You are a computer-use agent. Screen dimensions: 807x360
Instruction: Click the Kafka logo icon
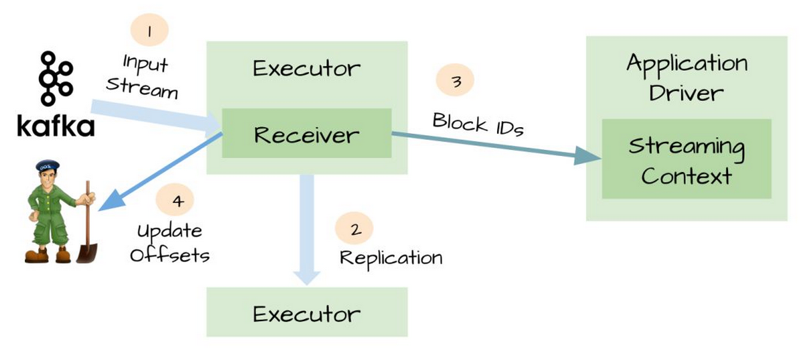56,78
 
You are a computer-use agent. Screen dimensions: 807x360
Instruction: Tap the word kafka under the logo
56,126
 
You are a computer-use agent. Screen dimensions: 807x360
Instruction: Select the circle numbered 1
149,30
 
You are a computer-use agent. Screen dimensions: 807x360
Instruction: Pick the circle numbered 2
354,228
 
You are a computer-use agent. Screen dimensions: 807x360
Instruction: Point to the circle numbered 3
455,80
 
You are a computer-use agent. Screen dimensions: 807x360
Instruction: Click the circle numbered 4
175,199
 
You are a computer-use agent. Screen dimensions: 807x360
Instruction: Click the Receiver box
306,133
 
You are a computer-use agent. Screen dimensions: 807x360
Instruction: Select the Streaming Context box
687,159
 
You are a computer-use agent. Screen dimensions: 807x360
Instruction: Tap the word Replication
391,258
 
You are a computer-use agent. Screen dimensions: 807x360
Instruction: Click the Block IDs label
478,124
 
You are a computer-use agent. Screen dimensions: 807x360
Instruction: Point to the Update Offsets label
170,243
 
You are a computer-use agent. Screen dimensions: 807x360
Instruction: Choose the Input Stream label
143,76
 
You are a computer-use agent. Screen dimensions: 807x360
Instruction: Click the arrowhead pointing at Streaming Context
588,156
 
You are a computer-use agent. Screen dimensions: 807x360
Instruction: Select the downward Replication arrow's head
306,278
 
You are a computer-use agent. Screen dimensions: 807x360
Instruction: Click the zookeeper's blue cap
48,165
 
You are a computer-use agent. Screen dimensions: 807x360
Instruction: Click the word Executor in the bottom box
306,314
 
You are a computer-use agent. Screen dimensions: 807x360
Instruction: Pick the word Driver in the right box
687,93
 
